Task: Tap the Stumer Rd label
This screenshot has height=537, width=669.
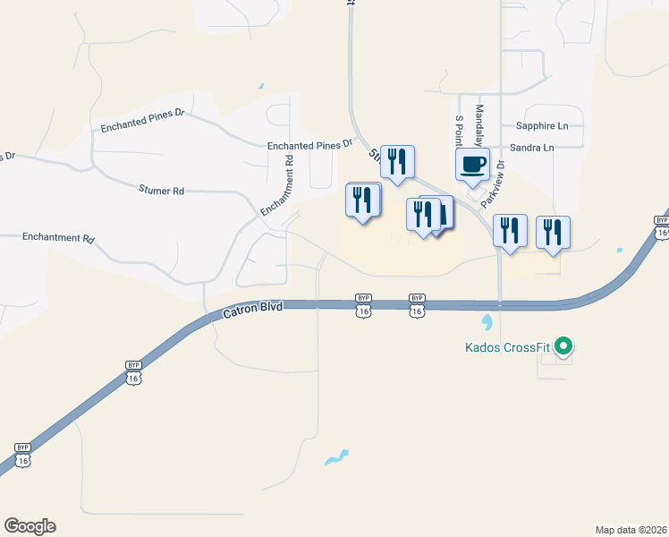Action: [x=161, y=191]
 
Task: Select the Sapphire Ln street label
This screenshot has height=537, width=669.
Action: [x=541, y=126]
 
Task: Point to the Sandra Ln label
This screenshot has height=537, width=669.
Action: [x=531, y=147]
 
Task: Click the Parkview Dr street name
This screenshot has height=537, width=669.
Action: [x=493, y=184]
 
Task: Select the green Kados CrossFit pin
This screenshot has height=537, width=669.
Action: [x=563, y=345]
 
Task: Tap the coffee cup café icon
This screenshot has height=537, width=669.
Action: [x=472, y=165]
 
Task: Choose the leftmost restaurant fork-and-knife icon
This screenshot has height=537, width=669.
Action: [x=362, y=200]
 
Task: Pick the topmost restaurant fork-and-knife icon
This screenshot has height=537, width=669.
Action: [x=397, y=162]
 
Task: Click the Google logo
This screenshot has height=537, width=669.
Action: [x=30, y=526]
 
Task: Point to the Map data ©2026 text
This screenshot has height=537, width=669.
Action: [x=631, y=529]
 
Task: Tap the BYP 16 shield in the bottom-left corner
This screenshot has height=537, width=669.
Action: [x=22, y=454]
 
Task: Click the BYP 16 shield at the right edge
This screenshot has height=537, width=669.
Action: [x=662, y=226]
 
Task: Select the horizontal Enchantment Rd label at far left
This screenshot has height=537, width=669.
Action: [x=58, y=239]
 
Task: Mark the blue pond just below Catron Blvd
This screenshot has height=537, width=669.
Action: [x=487, y=320]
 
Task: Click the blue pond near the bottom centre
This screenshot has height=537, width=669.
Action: [x=335, y=458]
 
